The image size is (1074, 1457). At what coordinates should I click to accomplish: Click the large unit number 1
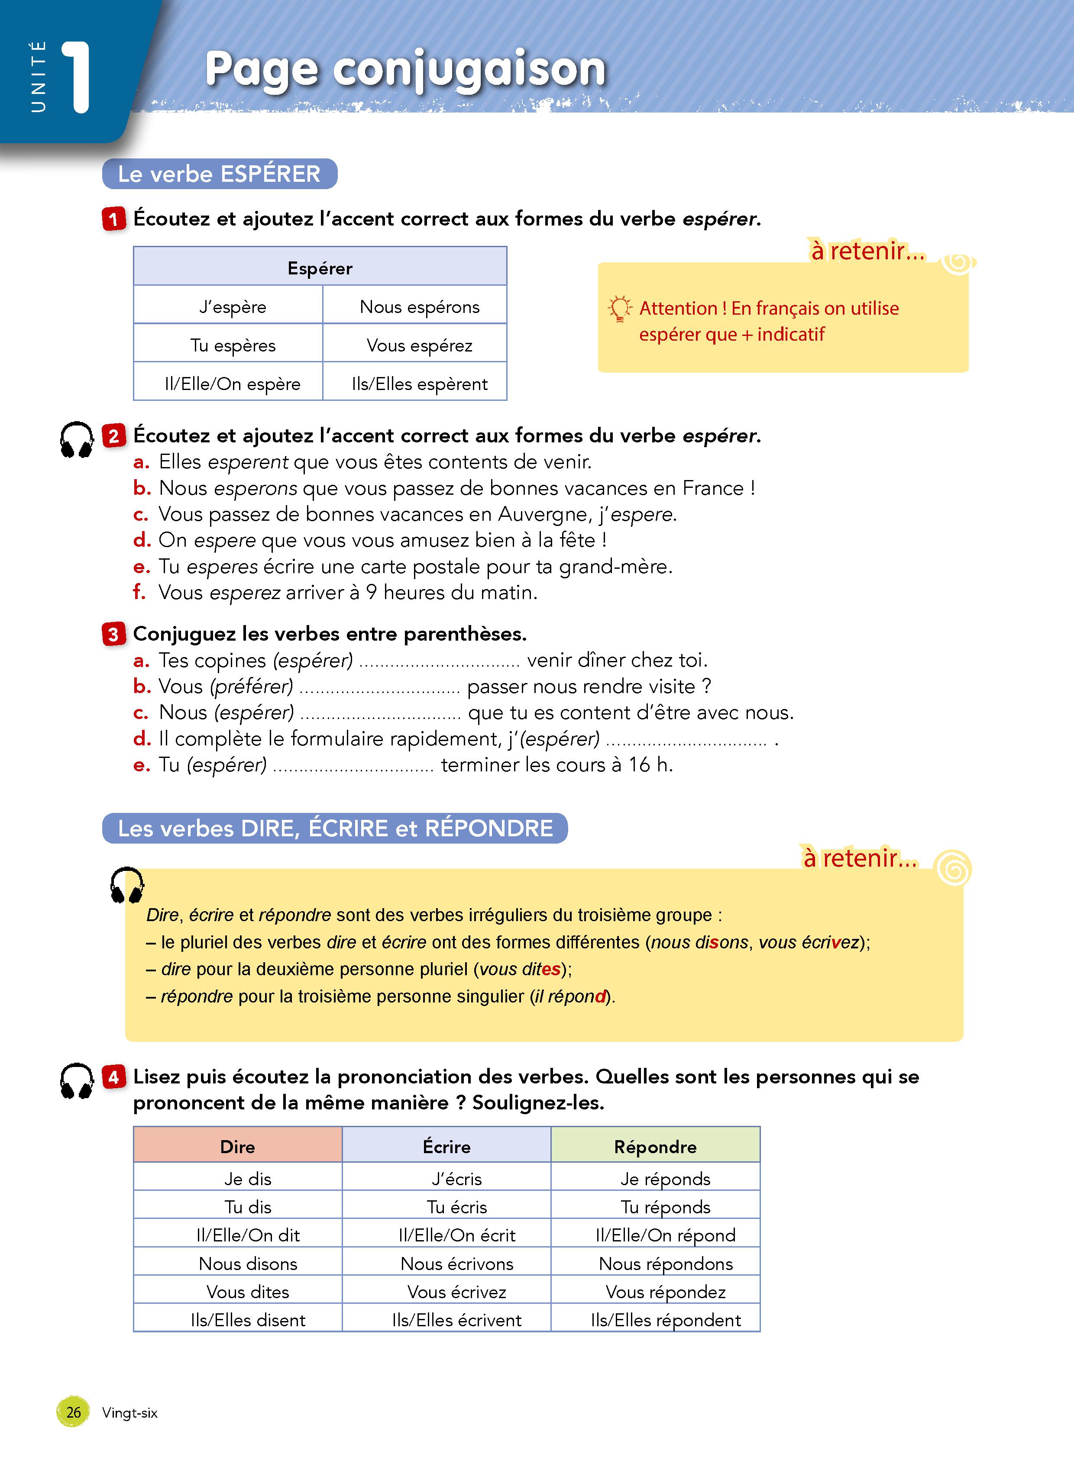77,78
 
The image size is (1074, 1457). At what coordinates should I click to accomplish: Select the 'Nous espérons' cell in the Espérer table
419,307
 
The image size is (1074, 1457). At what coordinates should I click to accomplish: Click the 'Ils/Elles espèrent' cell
419,384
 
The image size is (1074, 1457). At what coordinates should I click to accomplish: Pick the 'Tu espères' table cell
232,345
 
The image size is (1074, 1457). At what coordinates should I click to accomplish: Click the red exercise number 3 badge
113,634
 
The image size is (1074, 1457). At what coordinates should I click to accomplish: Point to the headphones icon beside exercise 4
77,1081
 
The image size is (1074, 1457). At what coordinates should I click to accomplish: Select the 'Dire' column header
237,1146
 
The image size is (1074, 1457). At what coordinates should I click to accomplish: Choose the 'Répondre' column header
655,1146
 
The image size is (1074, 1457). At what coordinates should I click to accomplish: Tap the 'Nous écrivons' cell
456,1264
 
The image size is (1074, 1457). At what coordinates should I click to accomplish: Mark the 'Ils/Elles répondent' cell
665,1320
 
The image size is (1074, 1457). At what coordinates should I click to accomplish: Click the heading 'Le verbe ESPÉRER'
219,174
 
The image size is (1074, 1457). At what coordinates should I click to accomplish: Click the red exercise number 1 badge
113,219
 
